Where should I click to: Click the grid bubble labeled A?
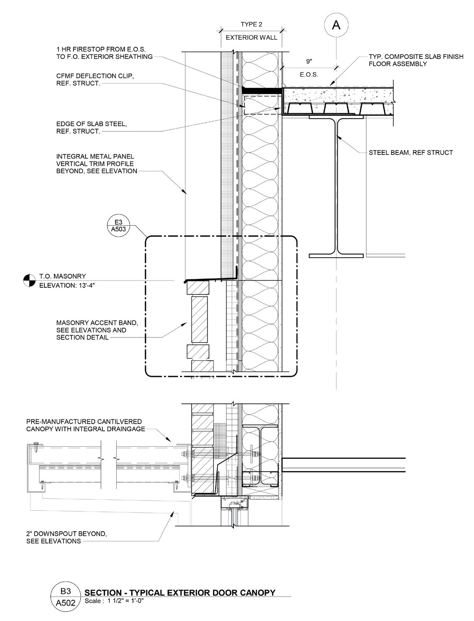point(336,25)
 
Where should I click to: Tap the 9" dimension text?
point(309,61)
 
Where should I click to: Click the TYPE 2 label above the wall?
point(251,24)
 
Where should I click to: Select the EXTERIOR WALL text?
point(251,38)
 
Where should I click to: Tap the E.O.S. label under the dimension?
point(309,75)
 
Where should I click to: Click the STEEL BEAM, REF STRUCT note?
point(410,152)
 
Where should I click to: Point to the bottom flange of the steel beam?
point(336,255)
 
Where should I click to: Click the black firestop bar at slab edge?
point(262,90)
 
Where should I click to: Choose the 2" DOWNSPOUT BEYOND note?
point(66,537)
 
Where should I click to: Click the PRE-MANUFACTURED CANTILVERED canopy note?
point(85,425)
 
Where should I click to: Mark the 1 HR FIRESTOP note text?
point(104,53)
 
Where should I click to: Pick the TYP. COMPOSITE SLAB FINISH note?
point(416,60)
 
